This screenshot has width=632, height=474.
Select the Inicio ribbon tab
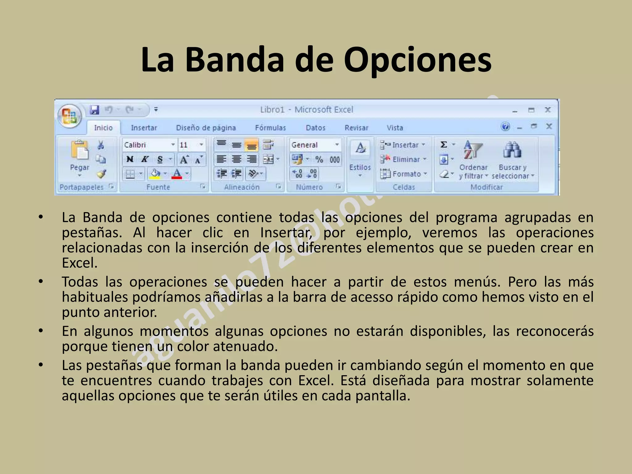(x=103, y=128)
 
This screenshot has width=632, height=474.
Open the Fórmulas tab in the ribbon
(x=270, y=128)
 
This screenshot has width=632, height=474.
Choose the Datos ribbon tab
(x=315, y=128)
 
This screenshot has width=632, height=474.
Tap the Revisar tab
(x=356, y=128)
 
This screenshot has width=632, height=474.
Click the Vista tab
(x=395, y=128)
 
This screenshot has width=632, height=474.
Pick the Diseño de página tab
(x=206, y=128)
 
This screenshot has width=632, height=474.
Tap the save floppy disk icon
(x=94, y=110)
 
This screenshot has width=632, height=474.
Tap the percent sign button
(x=319, y=159)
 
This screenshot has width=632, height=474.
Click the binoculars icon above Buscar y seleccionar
(x=512, y=150)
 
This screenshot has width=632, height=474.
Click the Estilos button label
(x=360, y=167)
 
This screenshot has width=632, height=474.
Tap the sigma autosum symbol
(x=444, y=144)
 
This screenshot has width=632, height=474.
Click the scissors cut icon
(x=101, y=145)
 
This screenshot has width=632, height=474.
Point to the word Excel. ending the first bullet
(x=80, y=263)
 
